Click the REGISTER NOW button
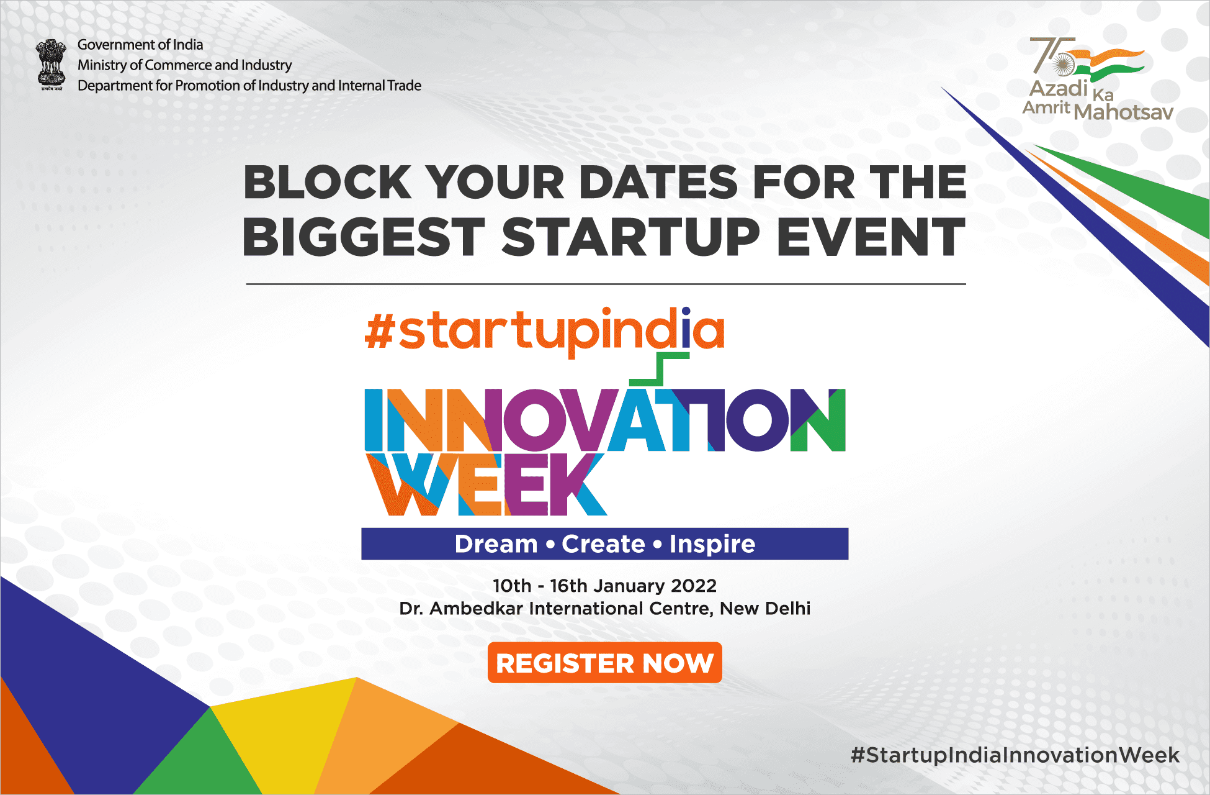604,663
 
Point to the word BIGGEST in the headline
364,237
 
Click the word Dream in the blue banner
496,544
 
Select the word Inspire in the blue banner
712,544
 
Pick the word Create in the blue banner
603,544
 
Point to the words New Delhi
765,608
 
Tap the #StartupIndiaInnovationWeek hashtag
1015,755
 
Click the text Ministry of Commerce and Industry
184,65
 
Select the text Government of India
140,45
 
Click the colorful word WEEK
486,484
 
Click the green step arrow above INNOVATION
660,369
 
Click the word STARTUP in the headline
630,237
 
